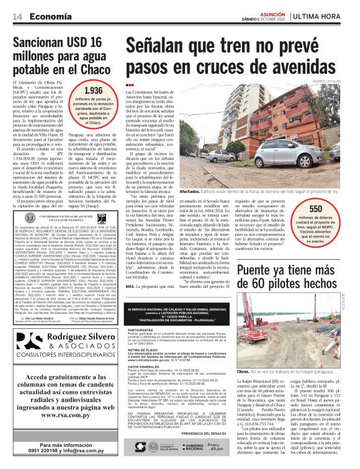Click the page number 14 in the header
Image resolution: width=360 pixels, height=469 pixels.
click(17, 16)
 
